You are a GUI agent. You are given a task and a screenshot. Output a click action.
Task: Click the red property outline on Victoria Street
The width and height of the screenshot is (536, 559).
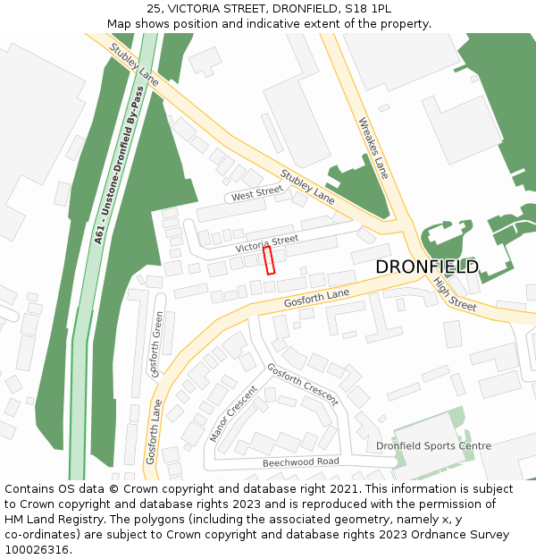click(269, 260)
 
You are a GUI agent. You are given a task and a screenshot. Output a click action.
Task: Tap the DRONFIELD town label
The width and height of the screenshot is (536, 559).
click(426, 267)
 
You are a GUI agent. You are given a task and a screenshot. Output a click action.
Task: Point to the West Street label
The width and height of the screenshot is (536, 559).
click(256, 194)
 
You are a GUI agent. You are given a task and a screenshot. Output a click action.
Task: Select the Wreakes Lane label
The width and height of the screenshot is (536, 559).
click(373, 148)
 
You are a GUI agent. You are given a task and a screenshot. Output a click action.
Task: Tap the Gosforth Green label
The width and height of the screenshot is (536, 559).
click(158, 343)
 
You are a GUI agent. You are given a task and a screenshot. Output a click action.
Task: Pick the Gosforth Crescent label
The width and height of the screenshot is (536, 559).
click(302, 385)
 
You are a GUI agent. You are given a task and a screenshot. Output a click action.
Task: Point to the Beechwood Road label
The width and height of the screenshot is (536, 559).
click(300, 462)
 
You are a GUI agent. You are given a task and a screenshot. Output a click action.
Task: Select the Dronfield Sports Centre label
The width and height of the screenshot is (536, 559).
click(433, 445)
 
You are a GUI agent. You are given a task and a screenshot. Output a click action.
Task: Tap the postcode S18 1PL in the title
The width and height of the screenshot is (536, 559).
click(370, 8)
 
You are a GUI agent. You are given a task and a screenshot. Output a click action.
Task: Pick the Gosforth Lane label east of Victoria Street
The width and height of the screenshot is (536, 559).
click(316, 299)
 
